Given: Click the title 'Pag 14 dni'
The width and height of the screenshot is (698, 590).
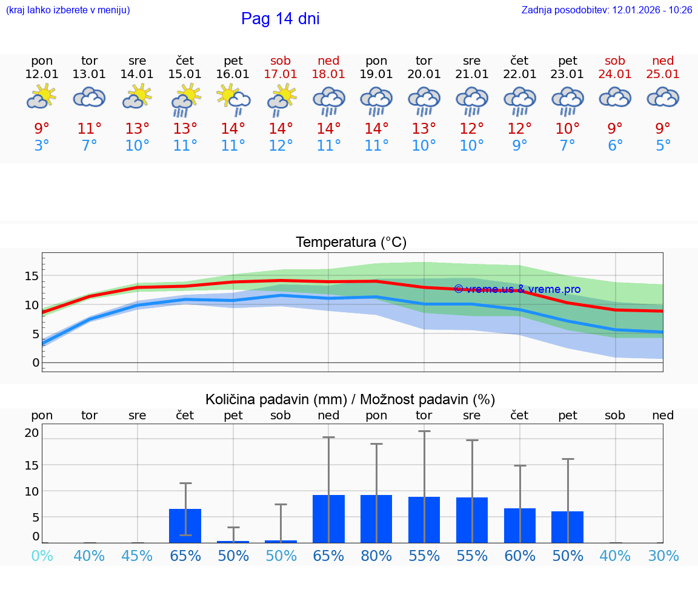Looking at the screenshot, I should (280, 19).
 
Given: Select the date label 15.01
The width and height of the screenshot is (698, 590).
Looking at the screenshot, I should (185, 74).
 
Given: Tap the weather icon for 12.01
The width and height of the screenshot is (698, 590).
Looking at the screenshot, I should (42, 97).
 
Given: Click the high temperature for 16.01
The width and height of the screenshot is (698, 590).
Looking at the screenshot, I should (233, 129).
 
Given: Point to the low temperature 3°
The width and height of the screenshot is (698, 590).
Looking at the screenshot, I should (42, 146).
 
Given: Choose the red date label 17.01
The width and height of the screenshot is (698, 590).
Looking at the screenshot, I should (281, 74).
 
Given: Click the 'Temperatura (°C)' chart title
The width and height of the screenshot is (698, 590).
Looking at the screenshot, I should (351, 243).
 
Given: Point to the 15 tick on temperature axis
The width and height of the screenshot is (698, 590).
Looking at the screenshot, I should (32, 276).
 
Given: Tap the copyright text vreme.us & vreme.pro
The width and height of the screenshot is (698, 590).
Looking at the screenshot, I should (517, 289).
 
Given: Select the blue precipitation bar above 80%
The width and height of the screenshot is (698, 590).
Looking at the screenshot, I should (376, 519).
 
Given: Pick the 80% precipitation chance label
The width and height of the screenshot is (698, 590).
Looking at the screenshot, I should (376, 556).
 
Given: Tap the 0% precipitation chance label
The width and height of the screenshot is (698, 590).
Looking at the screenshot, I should (42, 556).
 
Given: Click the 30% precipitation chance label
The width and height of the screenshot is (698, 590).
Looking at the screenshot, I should (663, 556).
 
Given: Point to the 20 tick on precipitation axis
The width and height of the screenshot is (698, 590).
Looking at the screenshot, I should (32, 433).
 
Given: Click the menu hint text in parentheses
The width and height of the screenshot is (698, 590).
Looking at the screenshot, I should (68, 10).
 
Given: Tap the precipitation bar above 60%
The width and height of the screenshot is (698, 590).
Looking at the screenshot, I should (520, 525).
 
